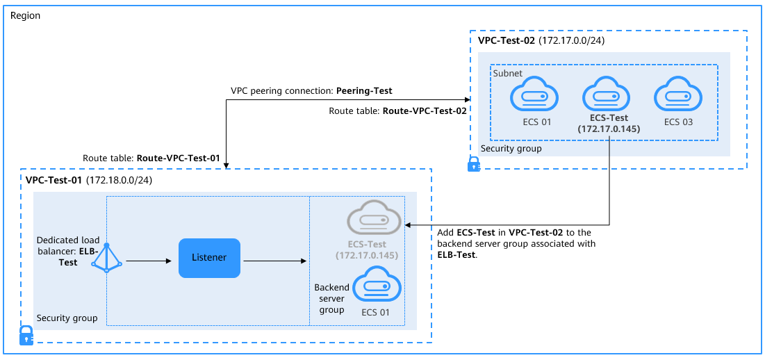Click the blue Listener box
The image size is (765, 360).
[209, 258]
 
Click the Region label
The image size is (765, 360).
[26, 16]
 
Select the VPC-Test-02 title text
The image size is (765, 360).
[506, 41]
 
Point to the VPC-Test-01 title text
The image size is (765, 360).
[54, 180]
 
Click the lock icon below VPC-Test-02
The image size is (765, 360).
[473, 165]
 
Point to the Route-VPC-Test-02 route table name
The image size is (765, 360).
[425, 111]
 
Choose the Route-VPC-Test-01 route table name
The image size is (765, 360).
[178, 158]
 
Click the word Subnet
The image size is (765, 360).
[507, 73]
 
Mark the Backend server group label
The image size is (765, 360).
[331, 298]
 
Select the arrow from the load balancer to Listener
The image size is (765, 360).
[148, 262]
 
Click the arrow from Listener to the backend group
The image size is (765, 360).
[274, 262]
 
